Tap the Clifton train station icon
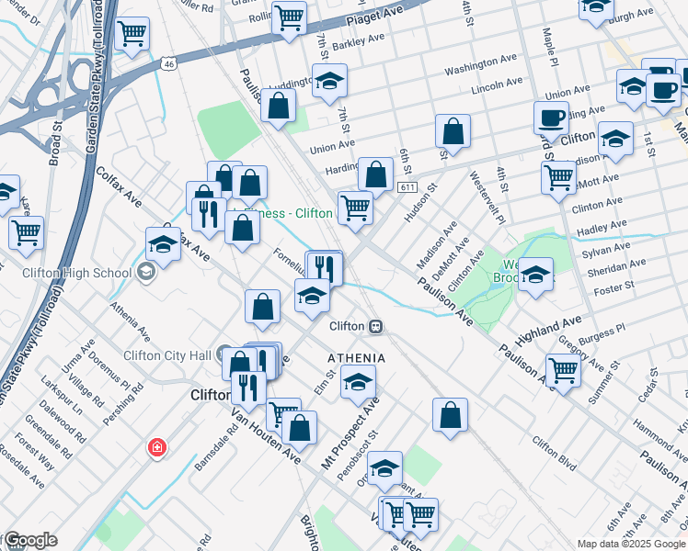pyautogui.click(x=375, y=326)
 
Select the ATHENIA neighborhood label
pyautogui.click(x=356, y=356)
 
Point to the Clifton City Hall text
pyautogui.click(x=168, y=355)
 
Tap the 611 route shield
pyautogui.click(x=408, y=187)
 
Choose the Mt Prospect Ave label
pyautogui.click(x=350, y=435)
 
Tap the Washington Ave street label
pyautogui.click(x=476, y=70)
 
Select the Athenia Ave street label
pyautogui.click(x=130, y=321)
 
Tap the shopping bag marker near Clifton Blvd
pyautogui.click(x=450, y=414)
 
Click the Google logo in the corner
pyautogui.click(x=29, y=541)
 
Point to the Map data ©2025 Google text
pyautogui.click(x=630, y=543)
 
